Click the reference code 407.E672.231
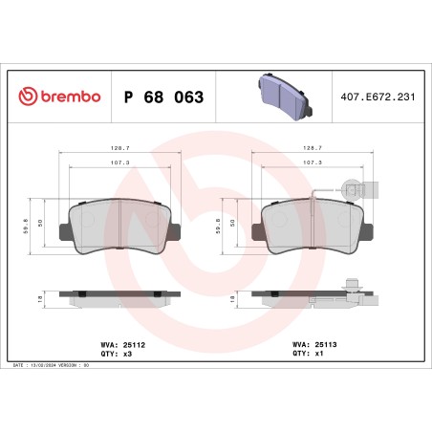(x=375, y=97)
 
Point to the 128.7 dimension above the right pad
(x=309, y=149)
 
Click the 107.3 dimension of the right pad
(x=309, y=163)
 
